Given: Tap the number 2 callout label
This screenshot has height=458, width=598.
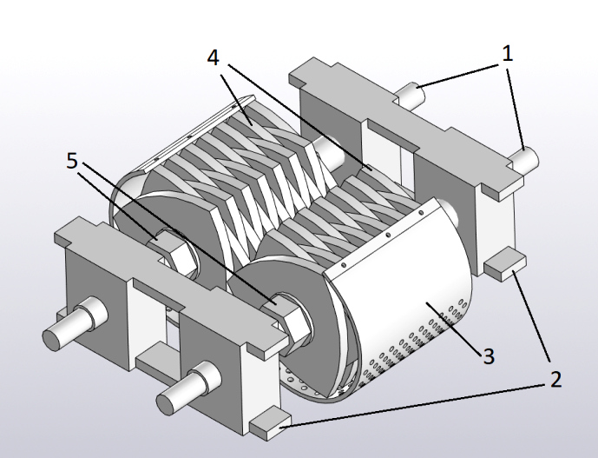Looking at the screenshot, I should (552, 379).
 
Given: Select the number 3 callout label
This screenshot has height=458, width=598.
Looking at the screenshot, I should (489, 355).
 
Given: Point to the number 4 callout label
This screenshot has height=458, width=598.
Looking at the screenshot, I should (214, 57).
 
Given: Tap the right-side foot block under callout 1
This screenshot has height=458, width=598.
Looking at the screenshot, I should (503, 263).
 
